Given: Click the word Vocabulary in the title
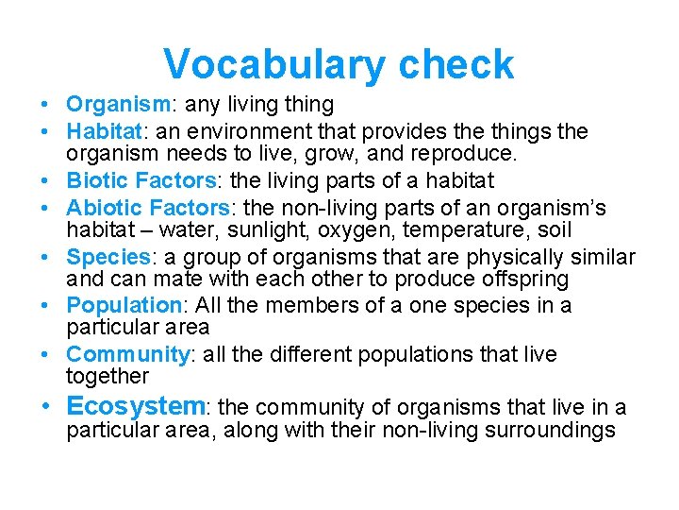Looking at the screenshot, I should point(273,64).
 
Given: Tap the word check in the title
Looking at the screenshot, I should point(456,64).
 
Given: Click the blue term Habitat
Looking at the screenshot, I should point(104,131).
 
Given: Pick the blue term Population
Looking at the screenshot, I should point(124,305).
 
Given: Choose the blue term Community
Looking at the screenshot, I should point(127,354).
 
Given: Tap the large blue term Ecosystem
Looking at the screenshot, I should point(136,406).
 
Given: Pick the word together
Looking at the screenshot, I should point(107,377).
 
